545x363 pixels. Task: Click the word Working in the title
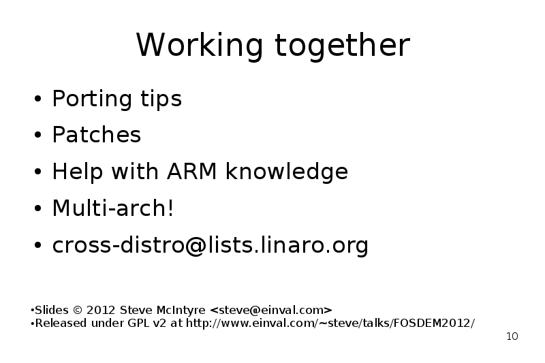tap(199, 45)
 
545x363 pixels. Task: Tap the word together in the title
tap(343, 44)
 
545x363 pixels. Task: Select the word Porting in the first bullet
tap(92, 99)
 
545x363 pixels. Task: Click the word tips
tap(161, 99)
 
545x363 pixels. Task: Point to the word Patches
tap(96, 134)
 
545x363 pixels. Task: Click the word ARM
tap(192, 171)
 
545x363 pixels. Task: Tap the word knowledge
tap(287, 171)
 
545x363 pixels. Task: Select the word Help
tap(78, 171)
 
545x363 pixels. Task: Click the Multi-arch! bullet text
tap(112, 208)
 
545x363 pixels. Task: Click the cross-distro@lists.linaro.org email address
tap(210, 245)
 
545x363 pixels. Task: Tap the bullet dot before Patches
tap(38, 134)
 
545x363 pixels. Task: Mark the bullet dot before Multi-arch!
tap(38, 208)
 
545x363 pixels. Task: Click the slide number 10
tap(512, 336)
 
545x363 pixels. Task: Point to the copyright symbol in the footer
tap(78, 310)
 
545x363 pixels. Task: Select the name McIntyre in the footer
tap(181, 310)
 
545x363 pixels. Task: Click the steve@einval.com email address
tap(271, 310)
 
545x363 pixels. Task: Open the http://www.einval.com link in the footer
tap(330, 323)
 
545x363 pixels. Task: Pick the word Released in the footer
tap(61, 323)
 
